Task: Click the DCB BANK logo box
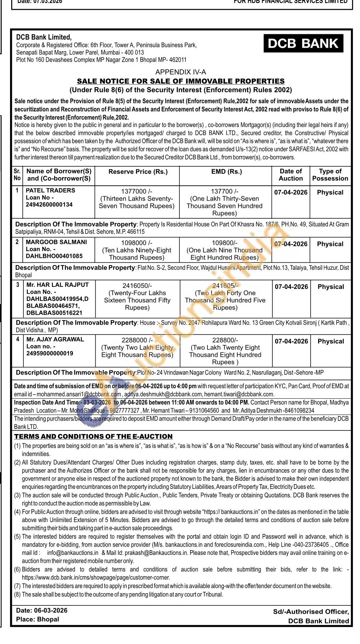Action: coord(303,44)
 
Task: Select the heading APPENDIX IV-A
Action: coord(181,72)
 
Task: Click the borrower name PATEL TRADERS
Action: coord(51,190)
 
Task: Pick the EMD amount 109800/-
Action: coord(224,243)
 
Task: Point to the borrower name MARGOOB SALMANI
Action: coord(56,242)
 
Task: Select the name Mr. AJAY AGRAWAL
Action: coord(55,339)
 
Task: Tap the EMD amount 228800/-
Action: coord(225,340)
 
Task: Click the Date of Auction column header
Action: coord(291,175)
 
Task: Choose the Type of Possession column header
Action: coord(330,175)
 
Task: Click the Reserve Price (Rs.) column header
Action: coord(138,172)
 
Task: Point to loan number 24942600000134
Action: coord(49,205)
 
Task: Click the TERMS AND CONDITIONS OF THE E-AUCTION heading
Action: coord(93,437)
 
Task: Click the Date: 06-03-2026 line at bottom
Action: coord(42,610)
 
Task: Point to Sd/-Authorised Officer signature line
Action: coord(311,612)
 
